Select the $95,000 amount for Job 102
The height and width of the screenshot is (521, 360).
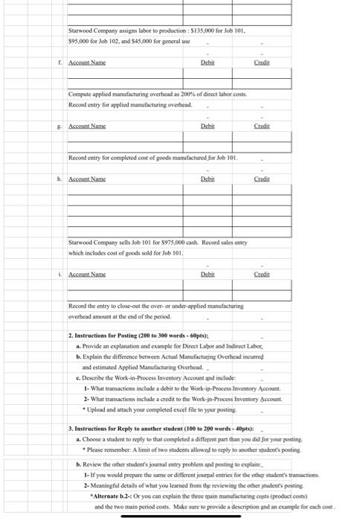click(80, 41)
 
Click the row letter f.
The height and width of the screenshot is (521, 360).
click(60, 63)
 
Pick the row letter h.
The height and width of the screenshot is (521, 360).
click(60, 179)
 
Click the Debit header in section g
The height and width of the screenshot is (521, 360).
click(208, 127)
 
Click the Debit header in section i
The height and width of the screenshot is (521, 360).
click(208, 274)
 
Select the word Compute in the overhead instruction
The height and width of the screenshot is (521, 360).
click(80, 97)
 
